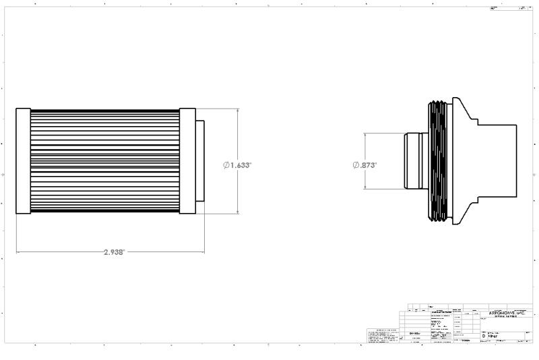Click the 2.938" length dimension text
tap(114, 252)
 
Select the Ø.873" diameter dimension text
tap(364, 164)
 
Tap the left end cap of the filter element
tap(23, 160)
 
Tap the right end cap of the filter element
tap(187, 160)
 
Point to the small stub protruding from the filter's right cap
tap(199, 160)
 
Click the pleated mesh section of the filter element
tap(104, 160)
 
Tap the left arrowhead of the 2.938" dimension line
tap(18, 253)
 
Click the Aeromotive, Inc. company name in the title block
tap(505, 313)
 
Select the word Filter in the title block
tap(493, 335)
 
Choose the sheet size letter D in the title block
tap(483, 335)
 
